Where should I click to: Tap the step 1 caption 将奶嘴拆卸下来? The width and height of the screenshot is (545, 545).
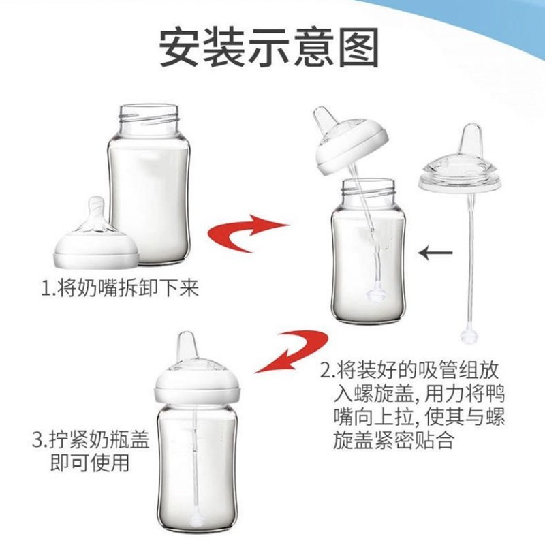click(x=121, y=288)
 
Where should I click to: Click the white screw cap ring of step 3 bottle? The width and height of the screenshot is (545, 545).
click(x=198, y=390)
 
